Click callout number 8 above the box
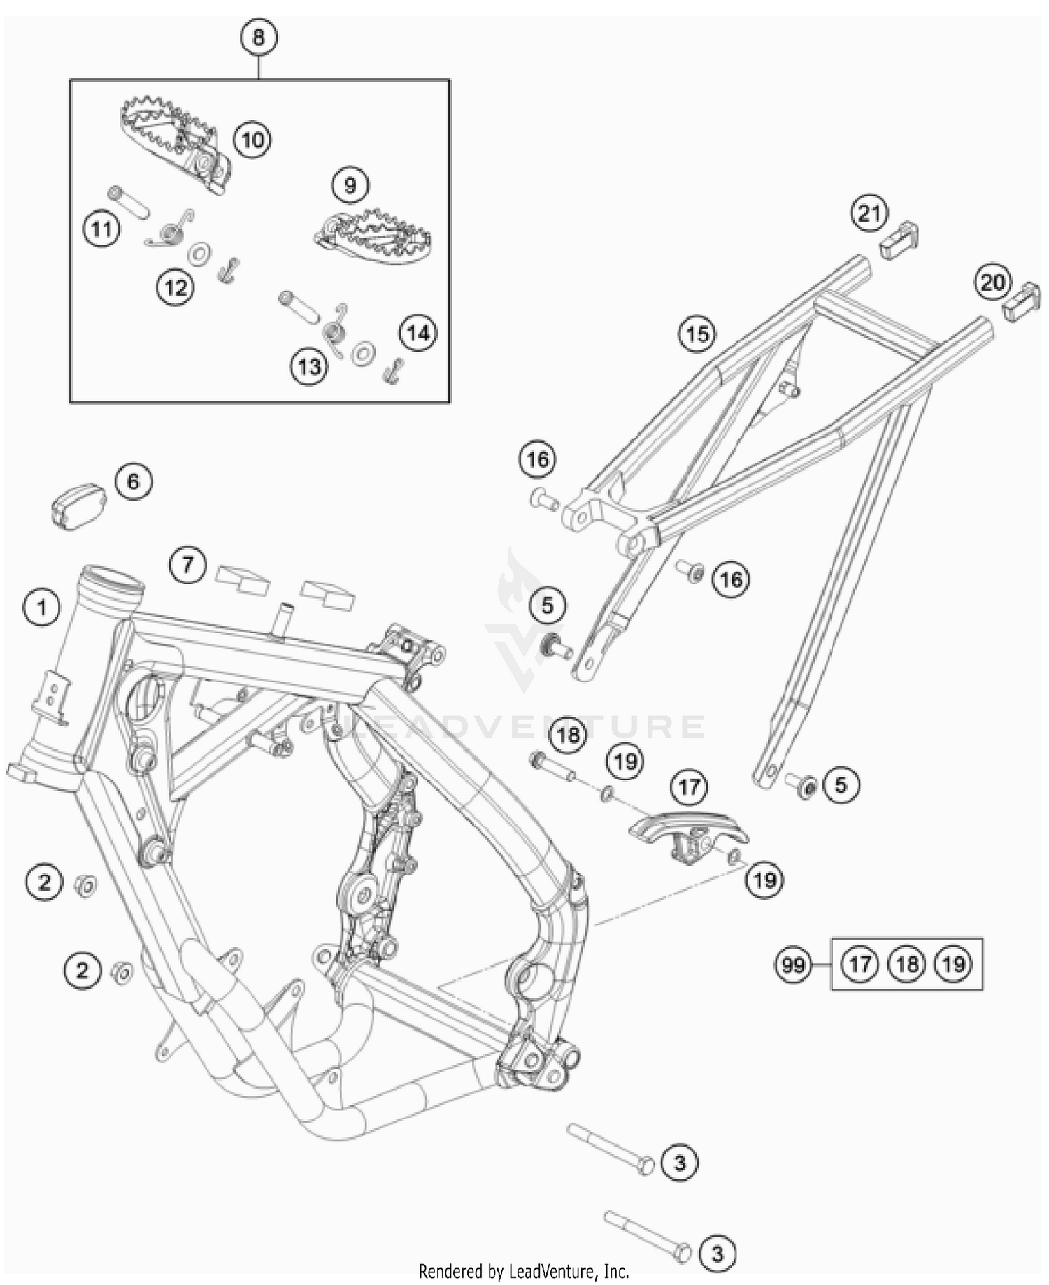(x=258, y=37)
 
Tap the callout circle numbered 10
(x=252, y=139)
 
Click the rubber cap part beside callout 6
(x=78, y=503)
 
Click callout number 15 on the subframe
(x=697, y=333)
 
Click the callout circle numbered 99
(x=793, y=965)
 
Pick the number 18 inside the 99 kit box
(x=906, y=965)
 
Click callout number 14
(x=418, y=333)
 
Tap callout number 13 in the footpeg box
(x=310, y=366)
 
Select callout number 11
(x=101, y=229)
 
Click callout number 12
(x=176, y=286)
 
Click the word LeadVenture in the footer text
(x=552, y=1270)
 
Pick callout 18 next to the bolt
(x=568, y=735)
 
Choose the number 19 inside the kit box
(x=954, y=965)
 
